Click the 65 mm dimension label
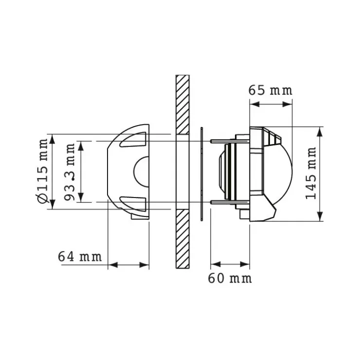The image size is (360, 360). click(x=270, y=90)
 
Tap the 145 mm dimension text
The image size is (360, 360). click(x=311, y=174)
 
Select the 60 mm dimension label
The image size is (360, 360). click(x=230, y=278)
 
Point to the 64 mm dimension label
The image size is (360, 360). click(x=80, y=256)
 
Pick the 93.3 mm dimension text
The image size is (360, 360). click(x=70, y=172)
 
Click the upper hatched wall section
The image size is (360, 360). click(x=182, y=105)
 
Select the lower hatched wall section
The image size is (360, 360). click(x=182, y=239)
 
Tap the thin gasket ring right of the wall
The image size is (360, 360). click(x=201, y=174)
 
